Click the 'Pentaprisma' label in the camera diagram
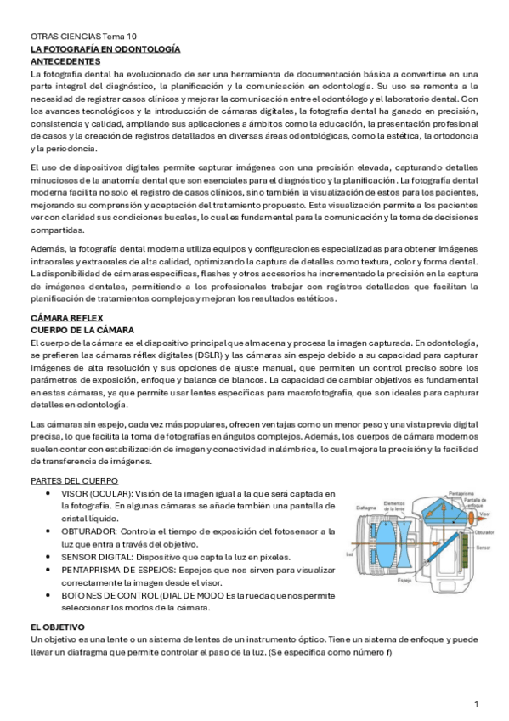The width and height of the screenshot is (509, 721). [461, 492]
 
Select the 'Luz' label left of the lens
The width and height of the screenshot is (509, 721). [350, 552]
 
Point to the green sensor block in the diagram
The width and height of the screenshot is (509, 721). [468, 545]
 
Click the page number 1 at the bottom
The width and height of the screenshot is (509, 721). [477, 705]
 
